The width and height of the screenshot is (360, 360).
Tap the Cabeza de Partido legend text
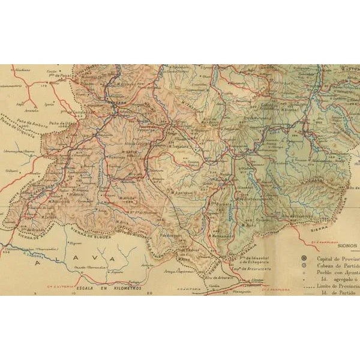337,266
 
